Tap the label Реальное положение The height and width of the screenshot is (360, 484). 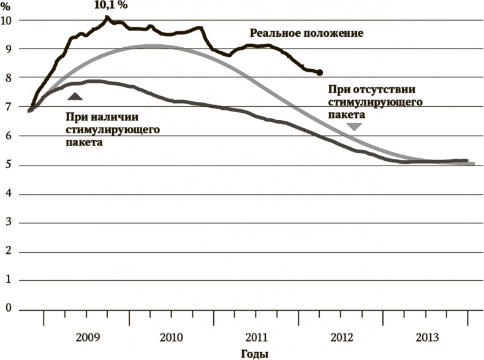click(306, 33)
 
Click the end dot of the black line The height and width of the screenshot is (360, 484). click(319, 72)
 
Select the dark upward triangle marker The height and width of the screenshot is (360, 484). click(74, 96)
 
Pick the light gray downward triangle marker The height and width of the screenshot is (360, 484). click(354, 126)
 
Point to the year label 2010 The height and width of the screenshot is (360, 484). click(171, 337)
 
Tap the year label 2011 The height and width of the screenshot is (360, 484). click(255, 337)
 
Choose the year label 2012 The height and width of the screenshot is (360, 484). click(341, 337)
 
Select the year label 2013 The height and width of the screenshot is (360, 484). click(426, 337)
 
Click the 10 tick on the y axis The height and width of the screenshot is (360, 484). click(8, 20)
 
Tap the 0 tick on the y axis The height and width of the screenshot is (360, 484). click(9, 309)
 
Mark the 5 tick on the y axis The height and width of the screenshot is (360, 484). click(9, 165)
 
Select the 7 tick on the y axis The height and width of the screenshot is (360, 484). click(9, 107)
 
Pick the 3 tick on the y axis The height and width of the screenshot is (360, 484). click(9, 223)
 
